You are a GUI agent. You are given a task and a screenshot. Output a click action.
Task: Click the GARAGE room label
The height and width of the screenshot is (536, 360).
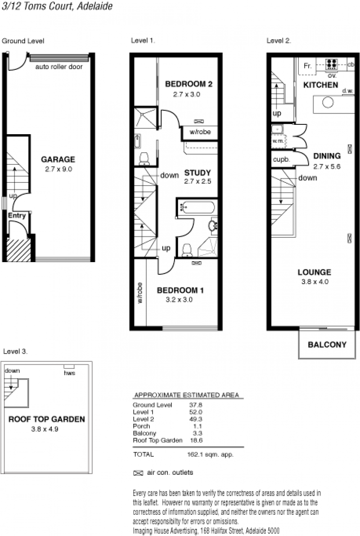point(58,159)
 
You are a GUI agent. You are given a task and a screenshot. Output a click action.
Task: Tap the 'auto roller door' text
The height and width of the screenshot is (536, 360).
point(59,67)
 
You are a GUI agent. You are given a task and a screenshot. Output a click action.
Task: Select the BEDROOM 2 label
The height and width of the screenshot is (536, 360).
point(189,84)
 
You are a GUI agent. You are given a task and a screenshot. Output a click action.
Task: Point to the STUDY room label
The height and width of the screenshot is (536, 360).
point(198,173)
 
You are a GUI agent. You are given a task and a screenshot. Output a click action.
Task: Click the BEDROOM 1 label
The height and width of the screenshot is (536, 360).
point(180,290)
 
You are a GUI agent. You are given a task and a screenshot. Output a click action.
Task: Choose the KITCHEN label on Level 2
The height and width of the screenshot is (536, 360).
point(321,85)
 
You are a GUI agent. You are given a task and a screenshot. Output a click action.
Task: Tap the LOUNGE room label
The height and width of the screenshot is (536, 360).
point(314,272)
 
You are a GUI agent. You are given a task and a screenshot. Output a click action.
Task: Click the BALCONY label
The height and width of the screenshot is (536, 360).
point(327,345)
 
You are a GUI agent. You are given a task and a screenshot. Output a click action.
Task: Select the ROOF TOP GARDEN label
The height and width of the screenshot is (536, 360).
point(47,419)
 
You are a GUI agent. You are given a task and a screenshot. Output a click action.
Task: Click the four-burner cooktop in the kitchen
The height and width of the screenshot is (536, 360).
point(331,64)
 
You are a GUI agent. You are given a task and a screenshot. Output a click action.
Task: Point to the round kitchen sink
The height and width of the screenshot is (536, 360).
point(328,103)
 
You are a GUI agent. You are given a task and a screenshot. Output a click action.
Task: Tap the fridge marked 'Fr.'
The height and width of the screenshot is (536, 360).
point(307,66)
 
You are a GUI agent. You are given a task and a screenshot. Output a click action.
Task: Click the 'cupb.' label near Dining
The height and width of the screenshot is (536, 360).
point(281,159)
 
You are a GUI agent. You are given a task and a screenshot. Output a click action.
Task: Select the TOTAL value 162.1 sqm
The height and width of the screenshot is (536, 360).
point(210,454)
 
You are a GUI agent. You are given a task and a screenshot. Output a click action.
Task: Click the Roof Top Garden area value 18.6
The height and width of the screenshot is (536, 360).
point(196,441)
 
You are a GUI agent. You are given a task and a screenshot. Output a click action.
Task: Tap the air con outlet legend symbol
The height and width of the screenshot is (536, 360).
point(138,473)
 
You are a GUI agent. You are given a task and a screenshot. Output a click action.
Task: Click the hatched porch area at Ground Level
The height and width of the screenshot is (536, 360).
point(19,250)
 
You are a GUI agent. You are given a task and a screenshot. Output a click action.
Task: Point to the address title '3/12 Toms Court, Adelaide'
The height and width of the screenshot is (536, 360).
point(57,6)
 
